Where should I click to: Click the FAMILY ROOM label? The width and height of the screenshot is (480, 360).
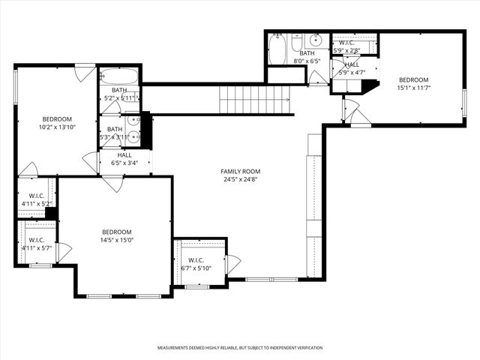[x=240, y=171]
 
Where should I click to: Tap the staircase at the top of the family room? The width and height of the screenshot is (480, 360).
[x=254, y=99]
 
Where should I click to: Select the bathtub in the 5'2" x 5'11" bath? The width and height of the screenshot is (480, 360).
[x=119, y=76]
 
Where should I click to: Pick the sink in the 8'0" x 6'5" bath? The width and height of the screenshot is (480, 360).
[x=316, y=40]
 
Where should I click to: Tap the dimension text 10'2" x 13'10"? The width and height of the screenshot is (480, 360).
[x=57, y=128]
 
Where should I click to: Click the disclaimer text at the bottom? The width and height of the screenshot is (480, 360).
[x=240, y=348]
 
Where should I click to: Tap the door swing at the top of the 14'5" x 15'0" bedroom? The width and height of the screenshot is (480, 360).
[x=113, y=183]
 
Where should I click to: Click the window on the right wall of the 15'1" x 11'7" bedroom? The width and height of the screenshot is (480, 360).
[x=464, y=102]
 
